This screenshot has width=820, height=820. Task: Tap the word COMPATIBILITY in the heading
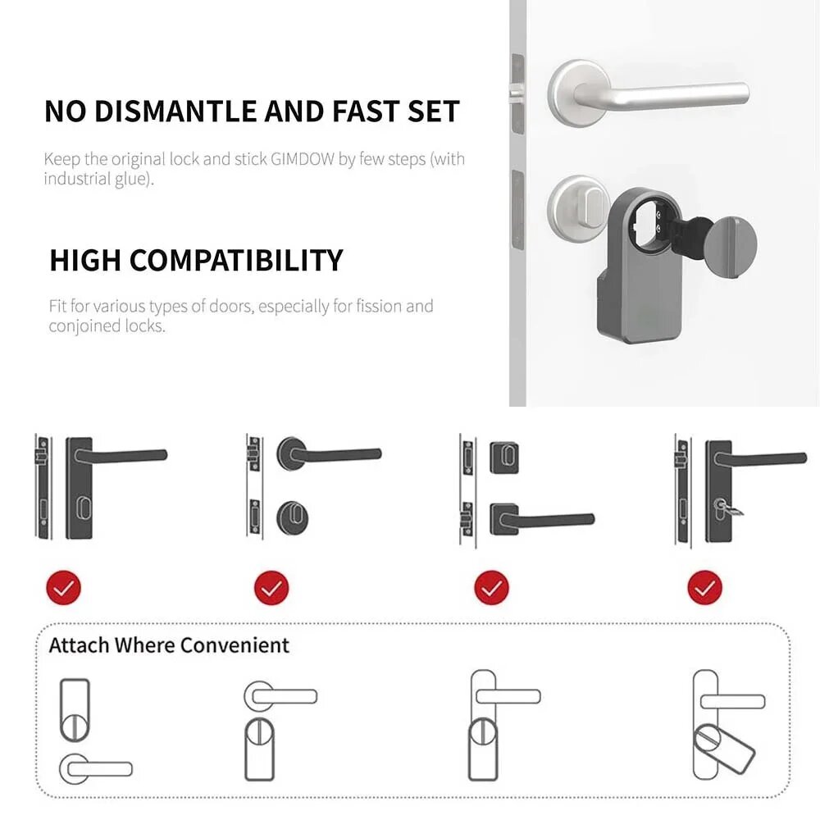pos(236,261)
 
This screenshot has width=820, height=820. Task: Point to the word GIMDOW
pos(301,159)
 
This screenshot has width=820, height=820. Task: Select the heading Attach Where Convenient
pos(169,645)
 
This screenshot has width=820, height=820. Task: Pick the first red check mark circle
pos(65,587)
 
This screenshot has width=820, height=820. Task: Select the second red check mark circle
pos(272,587)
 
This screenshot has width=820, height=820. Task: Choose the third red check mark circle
pos(491,587)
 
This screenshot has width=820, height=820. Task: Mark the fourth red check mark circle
pos(705,587)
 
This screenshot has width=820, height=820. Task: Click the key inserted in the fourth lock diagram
pos(732,510)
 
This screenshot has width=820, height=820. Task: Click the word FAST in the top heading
pos(354,112)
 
